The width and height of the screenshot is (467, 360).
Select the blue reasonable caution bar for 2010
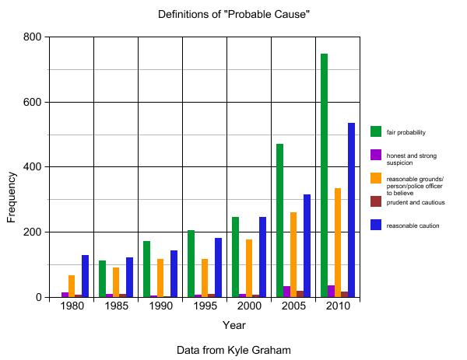click(x=351, y=210)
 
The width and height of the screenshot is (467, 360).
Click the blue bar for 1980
click(x=85, y=276)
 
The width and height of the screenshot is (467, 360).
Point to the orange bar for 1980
click(x=72, y=286)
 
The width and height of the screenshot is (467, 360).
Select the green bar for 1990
click(x=146, y=269)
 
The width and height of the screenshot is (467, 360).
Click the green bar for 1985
click(x=102, y=278)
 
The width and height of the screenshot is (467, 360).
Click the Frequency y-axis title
click(x=12, y=197)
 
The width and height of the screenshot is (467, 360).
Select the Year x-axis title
click(x=233, y=325)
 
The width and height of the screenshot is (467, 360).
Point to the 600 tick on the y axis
click(x=32, y=102)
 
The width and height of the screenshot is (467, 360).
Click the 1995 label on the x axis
click(x=205, y=307)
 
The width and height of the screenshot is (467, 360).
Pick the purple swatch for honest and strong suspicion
click(x=376, y=156)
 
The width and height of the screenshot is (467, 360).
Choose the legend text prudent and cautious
click(x=416, y=202)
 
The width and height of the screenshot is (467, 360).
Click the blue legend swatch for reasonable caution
click(x=376, y=225)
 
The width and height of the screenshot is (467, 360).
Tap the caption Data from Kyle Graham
click(x=233, y=351)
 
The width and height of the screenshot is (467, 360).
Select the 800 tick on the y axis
click(x=32, y=37)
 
